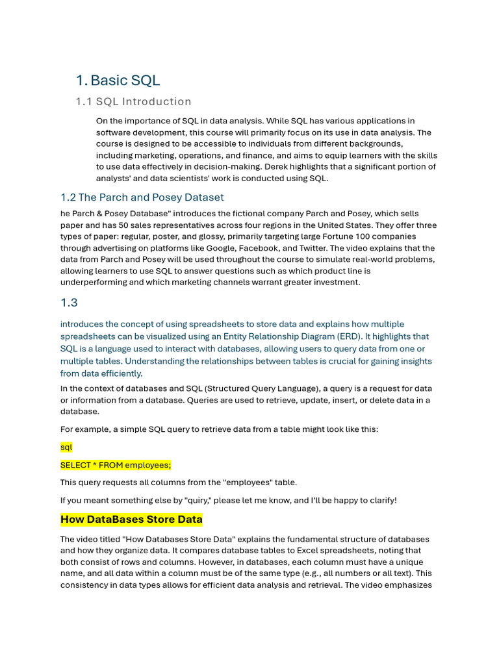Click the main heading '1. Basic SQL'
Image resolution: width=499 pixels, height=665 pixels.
[118, 81]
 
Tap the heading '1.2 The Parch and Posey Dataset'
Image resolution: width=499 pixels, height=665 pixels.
[142, 197]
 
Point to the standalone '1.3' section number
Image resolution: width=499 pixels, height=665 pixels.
[69, 303]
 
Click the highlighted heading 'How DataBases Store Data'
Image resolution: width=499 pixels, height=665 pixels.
[131, 520]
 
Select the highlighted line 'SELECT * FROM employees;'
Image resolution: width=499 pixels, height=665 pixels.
[116, 465]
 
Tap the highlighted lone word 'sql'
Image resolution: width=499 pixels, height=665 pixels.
[66, 447]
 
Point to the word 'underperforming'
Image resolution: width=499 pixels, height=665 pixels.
[92, 282]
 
